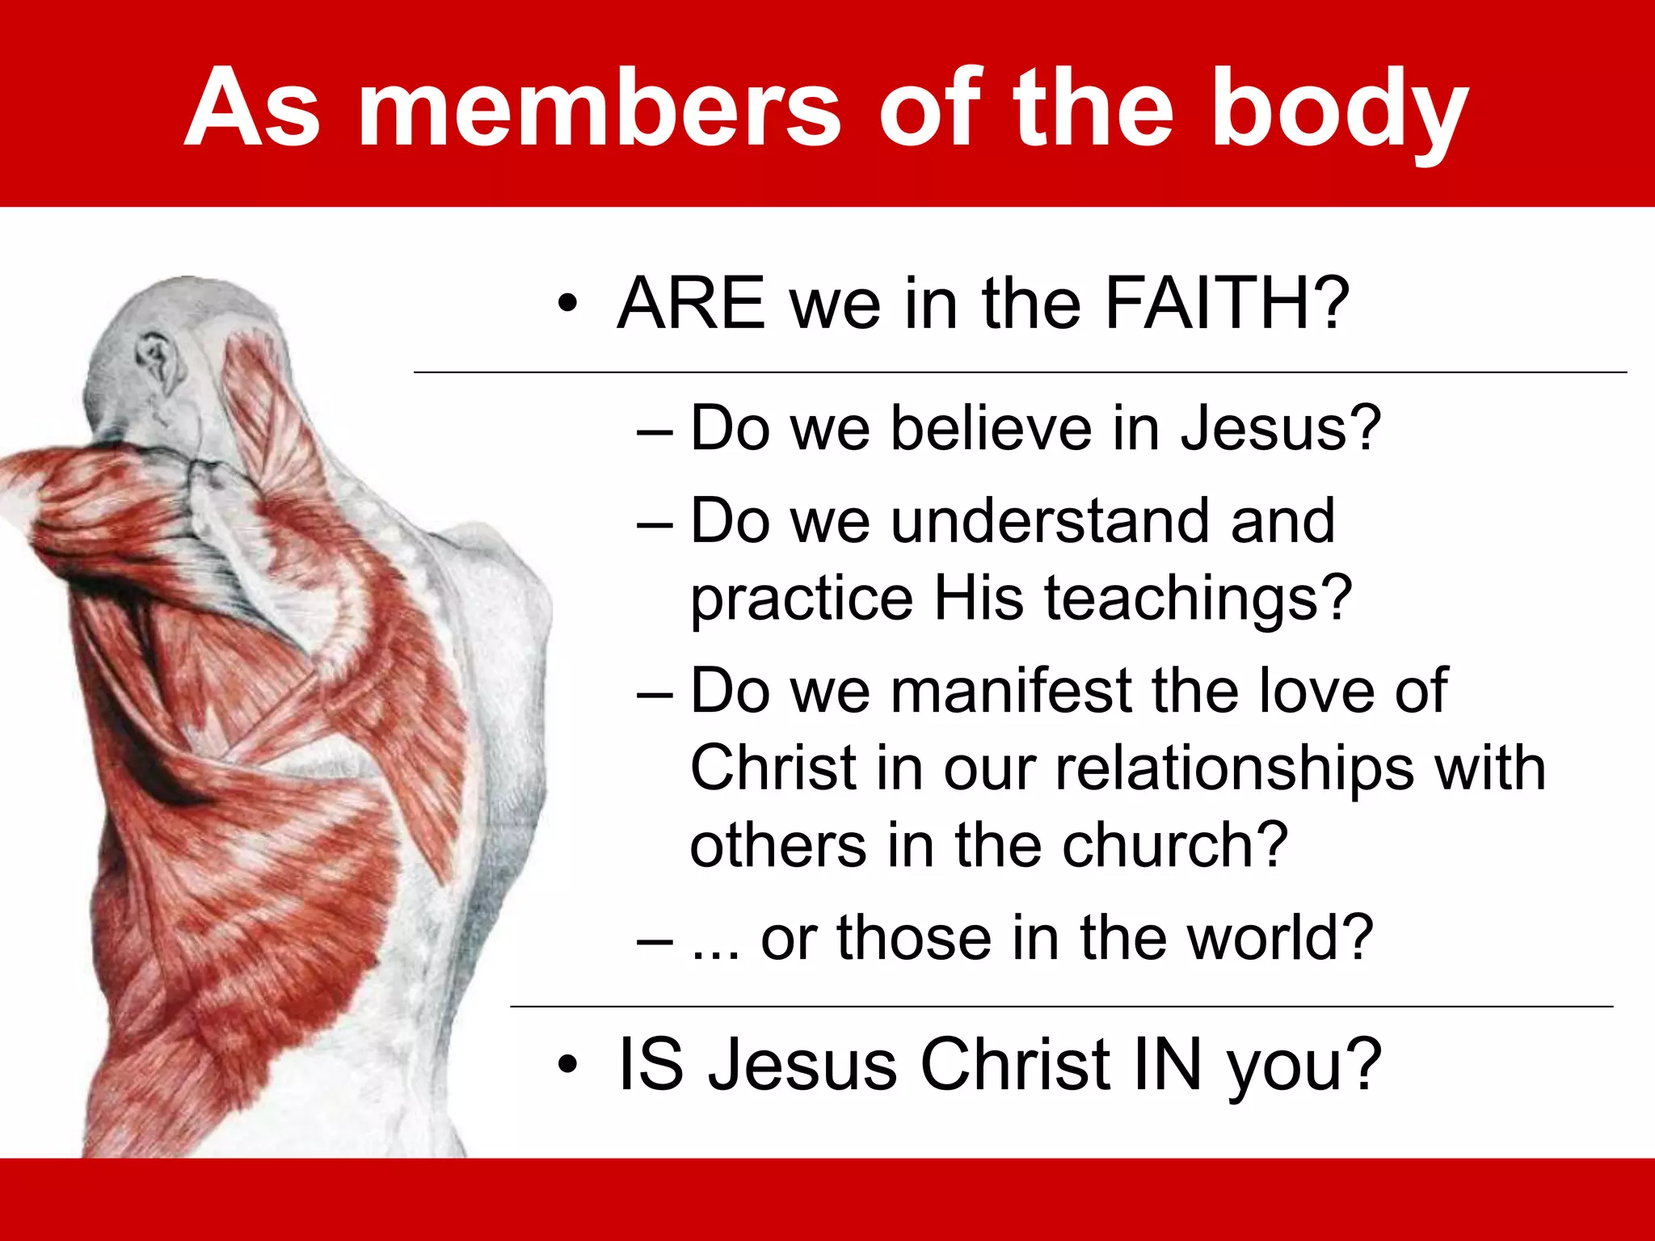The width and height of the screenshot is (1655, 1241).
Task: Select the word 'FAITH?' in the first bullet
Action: tap(1227, 304)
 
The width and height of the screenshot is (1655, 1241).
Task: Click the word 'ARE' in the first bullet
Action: tap(691, 304)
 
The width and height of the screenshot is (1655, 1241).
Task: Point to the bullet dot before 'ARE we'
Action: tap(568, 305)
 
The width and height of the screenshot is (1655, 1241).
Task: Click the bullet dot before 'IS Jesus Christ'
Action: tap(568, 1065)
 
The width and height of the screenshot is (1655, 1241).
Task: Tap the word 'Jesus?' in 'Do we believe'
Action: tap(1280, 427)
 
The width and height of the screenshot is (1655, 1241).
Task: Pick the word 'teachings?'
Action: tap(1198, 598)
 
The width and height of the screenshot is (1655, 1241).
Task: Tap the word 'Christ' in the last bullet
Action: tap(1015, 1064)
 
